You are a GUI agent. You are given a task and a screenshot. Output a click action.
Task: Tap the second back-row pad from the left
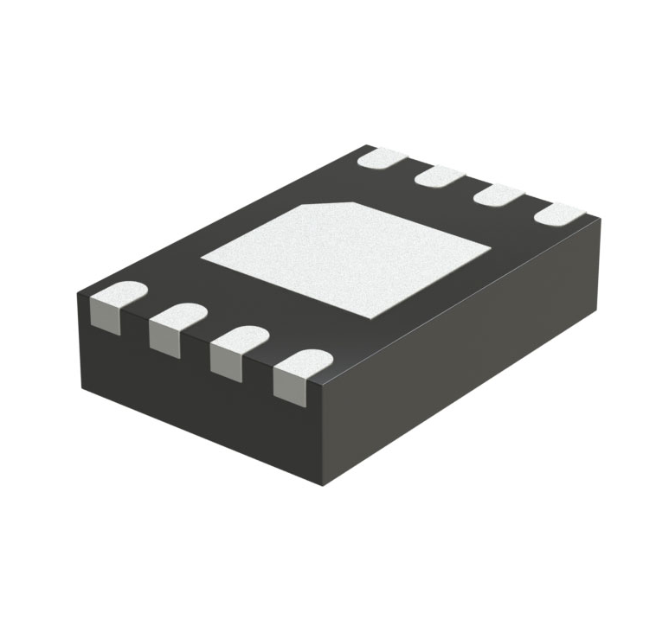pyautogui.click(x=441, y=177)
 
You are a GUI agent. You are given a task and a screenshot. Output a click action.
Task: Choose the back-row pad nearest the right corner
pyautogui.click(x=558, y=213)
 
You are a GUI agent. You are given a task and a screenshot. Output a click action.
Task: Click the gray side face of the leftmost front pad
pyautogui.click(x=103, y=320)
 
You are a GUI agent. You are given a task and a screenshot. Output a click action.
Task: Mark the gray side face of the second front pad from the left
pyautogui.click(x=164, y=339)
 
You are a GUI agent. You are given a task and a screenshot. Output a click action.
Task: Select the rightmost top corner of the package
pyautogui.click(x=600, y=219)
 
